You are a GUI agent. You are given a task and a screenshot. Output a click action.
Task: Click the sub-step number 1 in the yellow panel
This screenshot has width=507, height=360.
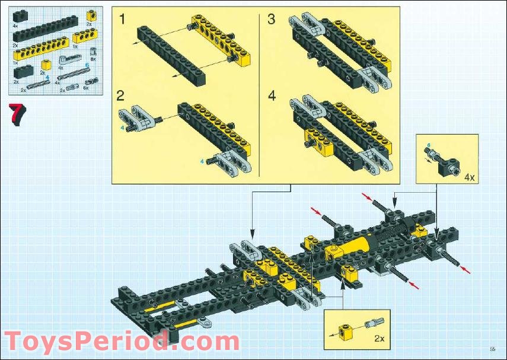tap(122, 20)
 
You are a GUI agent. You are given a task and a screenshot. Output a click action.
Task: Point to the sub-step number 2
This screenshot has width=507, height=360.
tap(121, 96)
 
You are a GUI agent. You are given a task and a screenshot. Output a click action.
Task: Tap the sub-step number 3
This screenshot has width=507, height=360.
tap(271, 20)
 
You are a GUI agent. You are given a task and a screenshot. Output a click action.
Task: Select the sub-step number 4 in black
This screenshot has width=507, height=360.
tap(271, 96)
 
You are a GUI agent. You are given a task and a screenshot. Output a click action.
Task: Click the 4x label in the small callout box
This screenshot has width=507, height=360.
tap(469, 177)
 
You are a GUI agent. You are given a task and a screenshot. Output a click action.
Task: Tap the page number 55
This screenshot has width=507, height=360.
tap(492, 348)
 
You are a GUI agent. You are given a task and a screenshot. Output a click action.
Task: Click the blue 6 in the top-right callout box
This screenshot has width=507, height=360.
tap(428, 144)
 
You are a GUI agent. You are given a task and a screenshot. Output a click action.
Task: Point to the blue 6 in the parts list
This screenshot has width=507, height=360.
tap(87, 65)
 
